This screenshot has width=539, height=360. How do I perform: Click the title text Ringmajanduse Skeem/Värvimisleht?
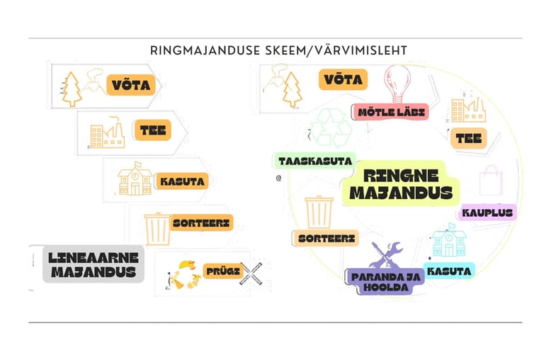(x=278, y=50)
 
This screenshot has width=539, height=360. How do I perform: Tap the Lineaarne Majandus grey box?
(x=93, y=264)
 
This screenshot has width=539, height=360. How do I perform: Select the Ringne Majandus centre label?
(x=400, y=184)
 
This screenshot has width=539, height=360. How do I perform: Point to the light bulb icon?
(x=397, y=84)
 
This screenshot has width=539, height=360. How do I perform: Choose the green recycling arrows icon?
(x=331, y=128)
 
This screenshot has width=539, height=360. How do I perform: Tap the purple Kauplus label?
(x=487, y=212)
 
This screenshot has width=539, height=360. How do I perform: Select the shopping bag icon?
(x=490, y=181)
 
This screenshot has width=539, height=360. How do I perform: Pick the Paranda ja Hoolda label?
(x=385, y=281)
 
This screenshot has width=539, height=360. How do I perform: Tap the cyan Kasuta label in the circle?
(x=448, y=270)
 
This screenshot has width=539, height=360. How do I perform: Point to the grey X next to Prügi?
(x=251, y=272)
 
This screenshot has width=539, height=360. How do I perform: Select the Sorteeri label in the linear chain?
(x=201, y=223)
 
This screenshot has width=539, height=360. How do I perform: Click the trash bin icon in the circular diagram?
(x=319, y=212)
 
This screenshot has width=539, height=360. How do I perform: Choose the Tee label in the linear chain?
(x=153, y=130)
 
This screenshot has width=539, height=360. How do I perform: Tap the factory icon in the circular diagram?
(x=467, y=110)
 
